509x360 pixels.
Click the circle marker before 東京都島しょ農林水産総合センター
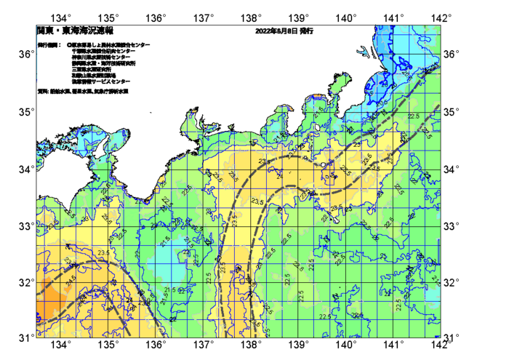coord(70,45)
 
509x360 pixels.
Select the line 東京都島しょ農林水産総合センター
coord(111,45)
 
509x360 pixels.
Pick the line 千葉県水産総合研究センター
coord(105,51)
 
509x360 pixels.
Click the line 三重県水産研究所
coord(91,69)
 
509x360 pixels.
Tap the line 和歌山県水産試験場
coord(94,75)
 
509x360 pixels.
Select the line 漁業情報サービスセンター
coord(101,81)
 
